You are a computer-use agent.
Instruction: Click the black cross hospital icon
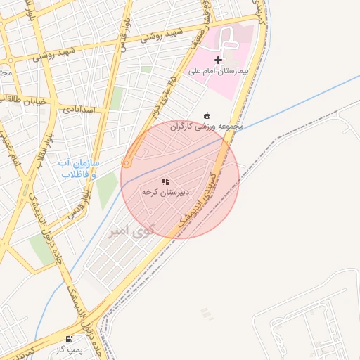pyautogui.click(x=218, y=60)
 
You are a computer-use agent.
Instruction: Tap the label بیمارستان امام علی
pyautogui.click(x=218, y=71)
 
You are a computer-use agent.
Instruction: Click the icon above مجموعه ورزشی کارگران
pyautogui.click(x=207, y=115)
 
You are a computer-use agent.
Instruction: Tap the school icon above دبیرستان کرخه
pyautogui.click(x=165, y=181)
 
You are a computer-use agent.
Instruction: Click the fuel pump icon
pyautogui.click(x=68, y=339)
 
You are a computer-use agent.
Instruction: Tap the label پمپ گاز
pyautogui.click(x=69, y=349)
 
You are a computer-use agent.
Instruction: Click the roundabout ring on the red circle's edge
pyautogui.click(x=127, y=163)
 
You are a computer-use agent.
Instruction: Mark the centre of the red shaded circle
pyautogui.click(x=180, y=179)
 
